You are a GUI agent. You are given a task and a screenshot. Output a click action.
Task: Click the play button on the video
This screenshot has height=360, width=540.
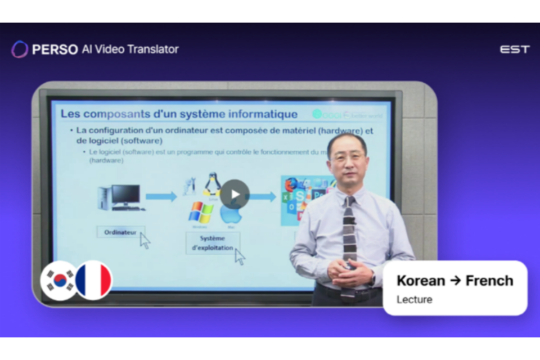click(235, 195)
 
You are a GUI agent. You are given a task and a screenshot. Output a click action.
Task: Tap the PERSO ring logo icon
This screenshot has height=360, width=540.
click(20, 49)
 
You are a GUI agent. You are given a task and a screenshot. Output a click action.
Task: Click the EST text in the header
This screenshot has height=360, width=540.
click(515, 49)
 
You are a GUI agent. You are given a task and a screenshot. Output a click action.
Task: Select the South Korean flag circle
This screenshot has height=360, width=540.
click(58, 280)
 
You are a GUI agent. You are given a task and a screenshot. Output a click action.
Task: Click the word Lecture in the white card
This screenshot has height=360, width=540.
click(415, 299)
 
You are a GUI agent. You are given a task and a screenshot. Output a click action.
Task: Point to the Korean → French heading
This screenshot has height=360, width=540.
click(454, 280)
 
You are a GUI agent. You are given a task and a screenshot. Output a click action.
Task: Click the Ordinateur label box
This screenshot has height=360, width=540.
click(120, 231)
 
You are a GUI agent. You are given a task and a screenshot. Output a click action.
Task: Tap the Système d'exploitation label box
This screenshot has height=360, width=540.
click(212, 243)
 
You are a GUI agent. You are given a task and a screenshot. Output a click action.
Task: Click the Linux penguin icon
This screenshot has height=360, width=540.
click(211, 184)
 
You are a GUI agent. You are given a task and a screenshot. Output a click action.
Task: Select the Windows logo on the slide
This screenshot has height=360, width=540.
click(201, 212)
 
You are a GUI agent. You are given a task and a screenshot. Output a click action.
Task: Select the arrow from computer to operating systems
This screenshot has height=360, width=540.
click(161, 196)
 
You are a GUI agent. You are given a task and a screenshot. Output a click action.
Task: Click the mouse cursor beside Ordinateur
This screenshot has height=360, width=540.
click(145, 241)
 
